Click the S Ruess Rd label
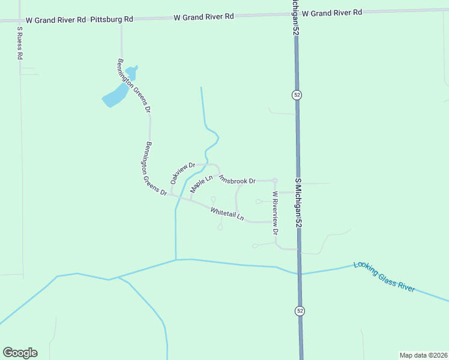pyautogui.click(x=19, y=43)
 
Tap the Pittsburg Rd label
pyautogui.click(x=112, y=19)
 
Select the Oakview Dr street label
pyautogui.click(x=183, y=173)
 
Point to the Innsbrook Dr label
pyautogui.click(x=237, y=179)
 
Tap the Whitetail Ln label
pyautogui.click(x=228, y=213)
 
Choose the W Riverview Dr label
pyautogui.click(x=276, y=212)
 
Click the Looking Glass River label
pyautogui.click(x=384, y=276)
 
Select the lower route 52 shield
pyautogui.click(x=299, y=310)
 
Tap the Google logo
pyautogui.click(x=20, y=353)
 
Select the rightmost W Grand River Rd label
pyautogui.click(x=332, y=13)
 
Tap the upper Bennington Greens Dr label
pyautogui.click(x=133, y=86)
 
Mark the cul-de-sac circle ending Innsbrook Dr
pyautogui.click(x=275, y=181)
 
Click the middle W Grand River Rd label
pyautogui.click(x=203, y=17)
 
